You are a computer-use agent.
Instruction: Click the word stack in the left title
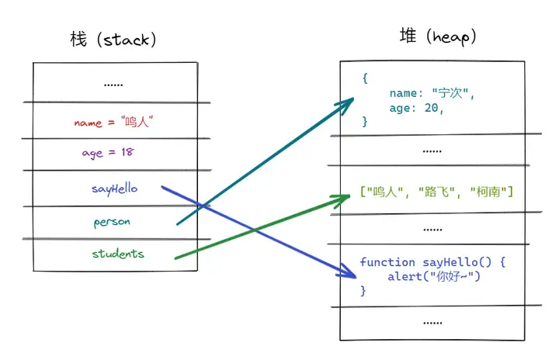pos(127,40)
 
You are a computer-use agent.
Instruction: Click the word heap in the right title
pos(450,37)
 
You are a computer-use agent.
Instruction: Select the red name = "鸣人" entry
pos(113,122)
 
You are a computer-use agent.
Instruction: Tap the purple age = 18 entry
pos(108,153)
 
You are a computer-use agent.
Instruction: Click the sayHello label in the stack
pos(114,189)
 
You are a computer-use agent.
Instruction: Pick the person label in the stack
pos(112,222)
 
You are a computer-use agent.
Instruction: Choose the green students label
pos(118,254)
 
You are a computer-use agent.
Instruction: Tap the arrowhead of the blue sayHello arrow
pos(349,273)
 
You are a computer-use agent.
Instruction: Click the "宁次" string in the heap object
pos(450,93)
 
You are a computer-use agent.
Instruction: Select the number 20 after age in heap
pos(431,108)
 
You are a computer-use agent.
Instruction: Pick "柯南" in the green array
pos(488,192)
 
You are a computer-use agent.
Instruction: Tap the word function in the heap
pos(387,262)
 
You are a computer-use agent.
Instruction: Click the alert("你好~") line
pos(434,276)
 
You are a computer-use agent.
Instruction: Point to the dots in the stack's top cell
pos(113,85)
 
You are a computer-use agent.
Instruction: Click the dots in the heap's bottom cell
pos(432,323)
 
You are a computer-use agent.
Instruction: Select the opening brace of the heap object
pos(365,78)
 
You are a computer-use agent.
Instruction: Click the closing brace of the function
pos(363,291)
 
